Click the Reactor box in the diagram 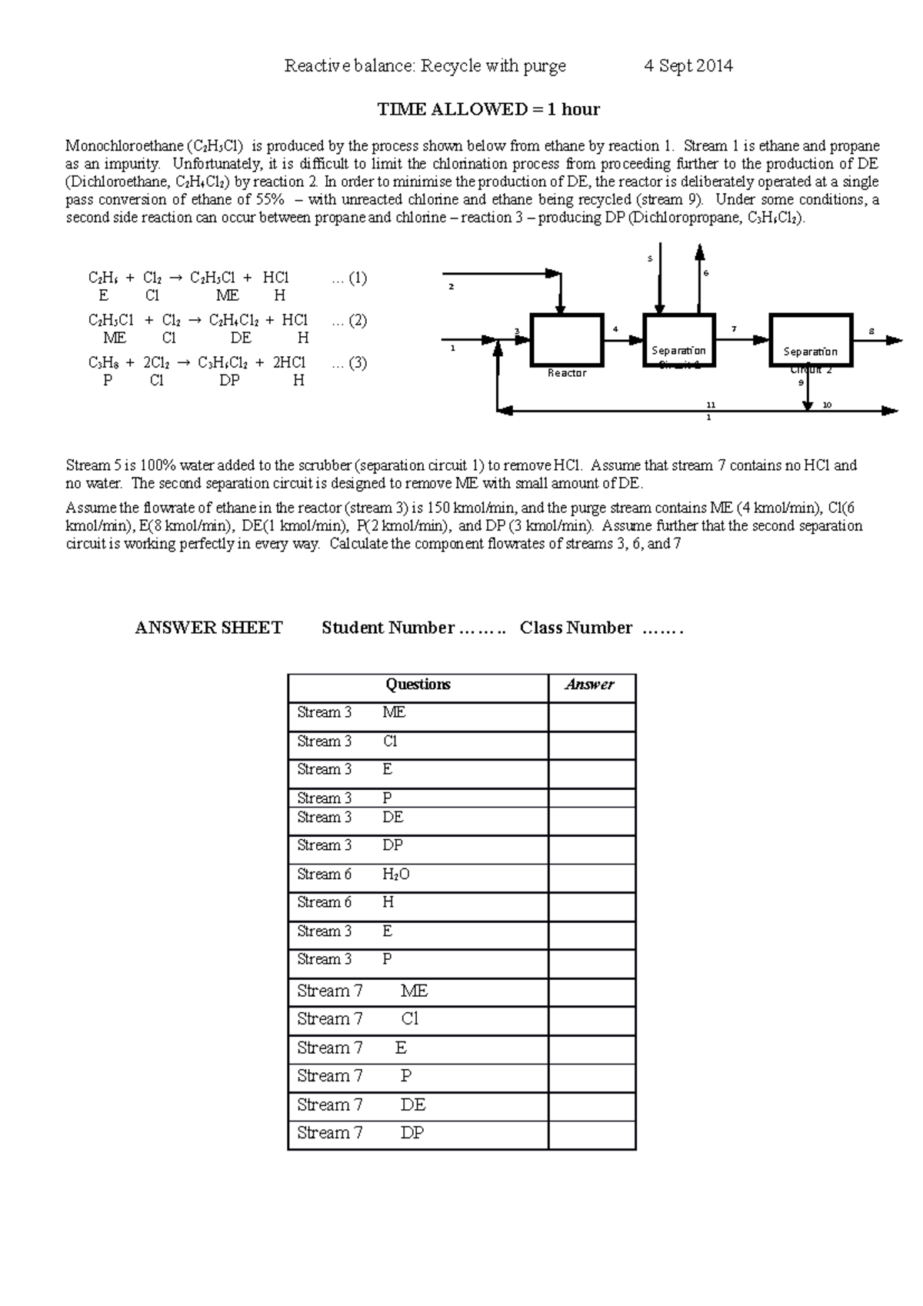coord(566,339)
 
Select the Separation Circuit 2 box coord(811,339)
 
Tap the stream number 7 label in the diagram coord(734,329)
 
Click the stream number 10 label coord(828,405)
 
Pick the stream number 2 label coord(452,287)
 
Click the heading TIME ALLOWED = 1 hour coord(488,109)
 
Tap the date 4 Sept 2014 coord(688,66)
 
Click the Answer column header coord(590,685)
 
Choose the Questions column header coord(418,685)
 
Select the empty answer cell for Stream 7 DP coord(591,1134)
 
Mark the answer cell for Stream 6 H coord(591,903)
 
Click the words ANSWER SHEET coord(208,628)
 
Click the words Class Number coord(575,628)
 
